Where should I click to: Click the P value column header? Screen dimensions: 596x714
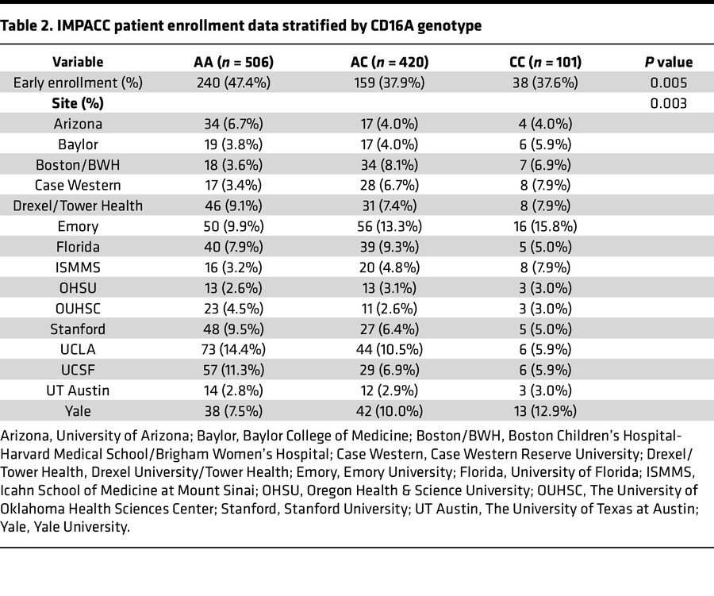click(667, 62)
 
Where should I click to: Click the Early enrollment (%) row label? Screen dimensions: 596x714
click(78, 83)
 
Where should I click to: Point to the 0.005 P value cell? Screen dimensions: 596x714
click(667, 83)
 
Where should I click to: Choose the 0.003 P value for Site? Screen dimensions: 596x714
click(667, 103)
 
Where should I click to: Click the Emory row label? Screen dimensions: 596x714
click(78, 226)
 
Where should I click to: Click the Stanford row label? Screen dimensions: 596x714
click(78, 329)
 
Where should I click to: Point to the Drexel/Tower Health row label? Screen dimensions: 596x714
click(78, 206)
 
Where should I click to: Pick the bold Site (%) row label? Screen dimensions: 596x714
click(78, 103)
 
